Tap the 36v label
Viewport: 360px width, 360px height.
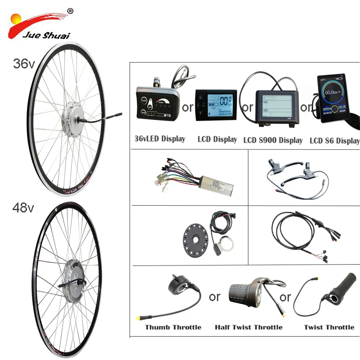(x=23, y=64)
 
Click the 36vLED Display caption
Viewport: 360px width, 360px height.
(x=160, y=139)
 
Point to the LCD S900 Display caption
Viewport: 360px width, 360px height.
(x=273, y=140)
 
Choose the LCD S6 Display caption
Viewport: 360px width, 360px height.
(x=335, y=140)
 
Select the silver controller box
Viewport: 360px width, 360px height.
(x=207, y=184)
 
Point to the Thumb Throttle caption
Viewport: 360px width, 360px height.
(x=173, y=327)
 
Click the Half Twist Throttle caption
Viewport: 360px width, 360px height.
(x=248, y=327)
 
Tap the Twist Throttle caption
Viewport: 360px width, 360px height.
(x=329, y=327)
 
